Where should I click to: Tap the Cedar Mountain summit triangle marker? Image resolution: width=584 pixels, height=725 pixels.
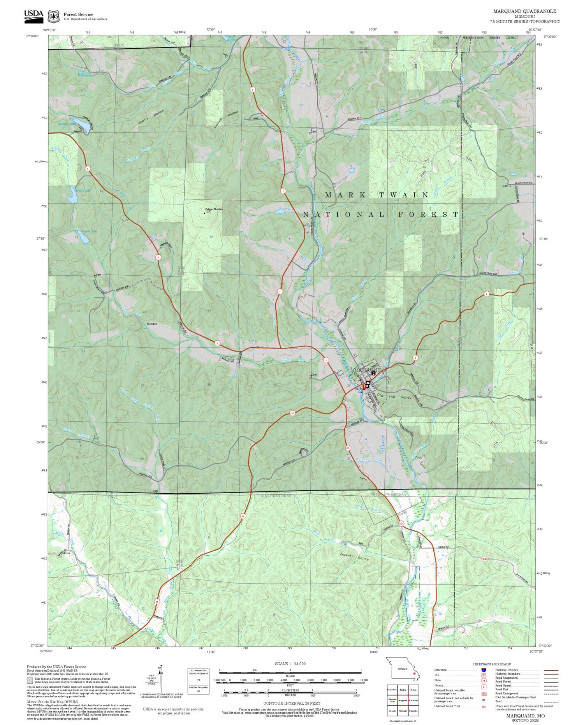(x=205, y=213)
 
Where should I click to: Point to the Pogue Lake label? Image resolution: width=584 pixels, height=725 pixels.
(x=89, y=231)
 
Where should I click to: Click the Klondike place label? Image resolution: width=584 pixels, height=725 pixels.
(x=151, y=324)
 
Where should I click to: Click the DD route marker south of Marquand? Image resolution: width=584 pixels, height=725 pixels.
(x=348, y=448)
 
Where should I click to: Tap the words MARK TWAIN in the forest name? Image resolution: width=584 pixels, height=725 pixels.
(x=377, y=195)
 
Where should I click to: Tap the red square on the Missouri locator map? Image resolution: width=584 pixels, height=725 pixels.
(x=414, y=673)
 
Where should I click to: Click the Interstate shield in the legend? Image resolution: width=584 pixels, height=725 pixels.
(x=483, y=670)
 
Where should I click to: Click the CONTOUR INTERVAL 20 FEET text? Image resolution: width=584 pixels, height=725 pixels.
(x=292, y=703)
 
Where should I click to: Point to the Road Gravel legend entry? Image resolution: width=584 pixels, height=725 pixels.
(x=506, y=685)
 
